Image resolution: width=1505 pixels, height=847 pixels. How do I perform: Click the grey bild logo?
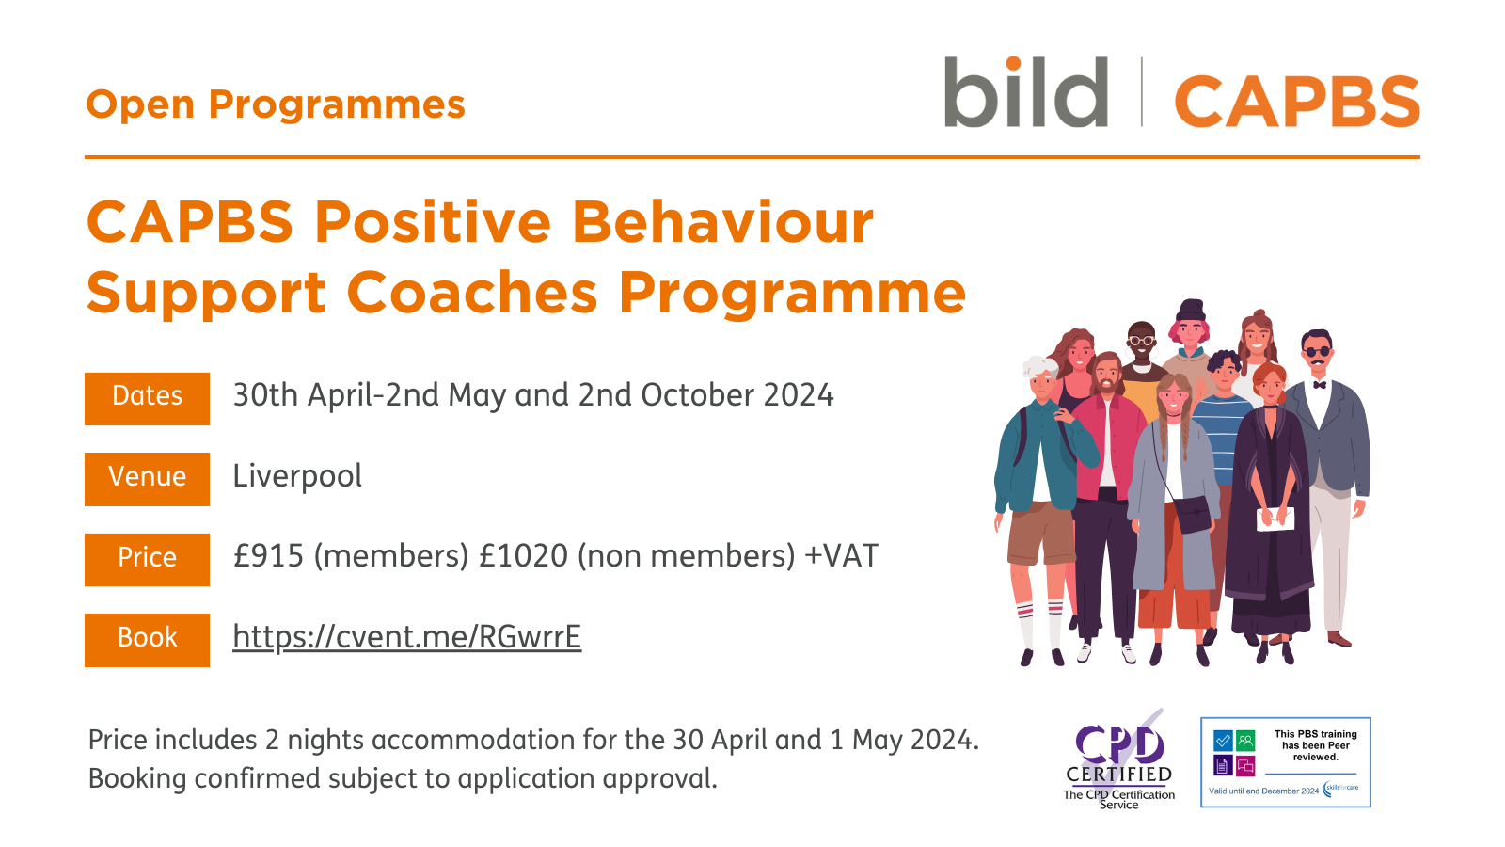click(x=1025, y=93)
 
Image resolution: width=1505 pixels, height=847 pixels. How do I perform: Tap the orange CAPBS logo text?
click(x=1296, y=102)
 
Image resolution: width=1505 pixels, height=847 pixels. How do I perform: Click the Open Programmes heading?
click(x=276, y=104)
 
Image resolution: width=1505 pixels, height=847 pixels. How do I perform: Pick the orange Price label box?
click(x=147, y=559)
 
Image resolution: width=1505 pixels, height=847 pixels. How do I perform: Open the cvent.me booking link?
click(x=406, y=637)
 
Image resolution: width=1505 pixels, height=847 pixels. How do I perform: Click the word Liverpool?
click(x=297, y=476)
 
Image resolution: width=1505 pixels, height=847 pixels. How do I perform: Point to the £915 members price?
click(x=350, y=556)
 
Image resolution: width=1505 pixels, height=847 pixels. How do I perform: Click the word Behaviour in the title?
click(x=722, y=223)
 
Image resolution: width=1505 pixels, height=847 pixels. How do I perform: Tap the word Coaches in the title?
click(x=472, y=293)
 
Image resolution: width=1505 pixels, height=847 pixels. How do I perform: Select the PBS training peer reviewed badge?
click(x=1285, y=762)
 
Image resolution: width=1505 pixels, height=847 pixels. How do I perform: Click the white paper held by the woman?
click(x=1275, y=519)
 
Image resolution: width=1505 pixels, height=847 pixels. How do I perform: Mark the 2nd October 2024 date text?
click(x=705, y=395)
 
